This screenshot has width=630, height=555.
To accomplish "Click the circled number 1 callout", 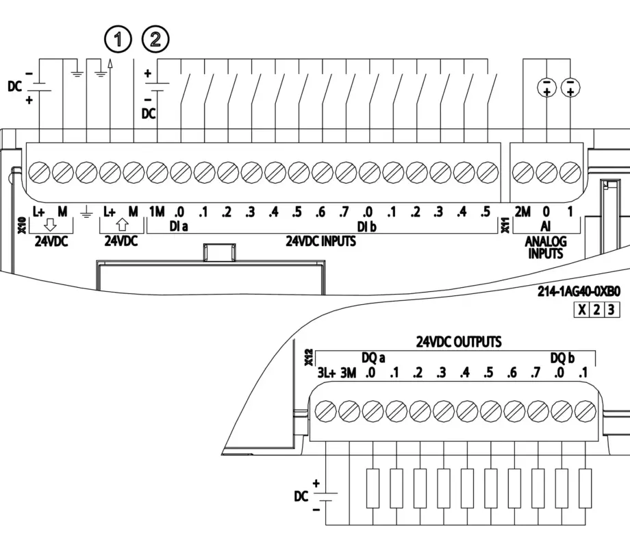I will [118, 40].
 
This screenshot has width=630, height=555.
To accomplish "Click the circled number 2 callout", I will [155, 40].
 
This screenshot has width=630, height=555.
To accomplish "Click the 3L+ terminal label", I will [327, 373].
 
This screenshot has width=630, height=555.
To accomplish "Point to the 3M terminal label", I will [349, 373].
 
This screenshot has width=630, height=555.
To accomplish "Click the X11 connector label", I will [506, 223].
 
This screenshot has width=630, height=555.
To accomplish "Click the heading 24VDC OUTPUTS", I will [459, 341].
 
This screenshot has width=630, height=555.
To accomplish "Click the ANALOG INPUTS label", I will [546, 247].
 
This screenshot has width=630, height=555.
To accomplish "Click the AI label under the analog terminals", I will [546, 226].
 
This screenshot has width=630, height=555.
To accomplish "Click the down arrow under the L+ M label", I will [50, 227].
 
